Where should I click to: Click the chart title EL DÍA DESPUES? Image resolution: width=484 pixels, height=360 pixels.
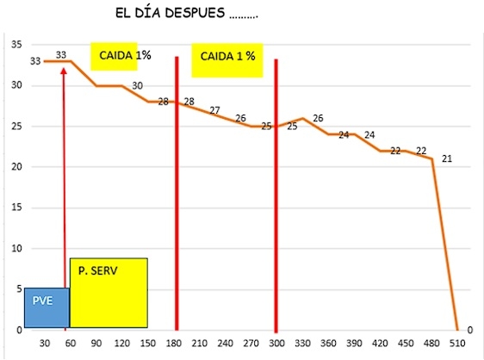click(186, 15)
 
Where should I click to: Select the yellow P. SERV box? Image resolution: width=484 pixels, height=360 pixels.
click(109, 293)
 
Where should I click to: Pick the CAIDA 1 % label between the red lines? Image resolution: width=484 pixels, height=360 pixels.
click(227, 57)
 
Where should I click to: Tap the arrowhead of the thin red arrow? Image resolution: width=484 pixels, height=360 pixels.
click(64, 66)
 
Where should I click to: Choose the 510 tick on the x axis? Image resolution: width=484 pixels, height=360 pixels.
click(457, 342)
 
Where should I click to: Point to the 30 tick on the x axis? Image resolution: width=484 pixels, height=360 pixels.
click(45, 342)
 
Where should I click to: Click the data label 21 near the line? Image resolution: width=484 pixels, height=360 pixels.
click(446, 158)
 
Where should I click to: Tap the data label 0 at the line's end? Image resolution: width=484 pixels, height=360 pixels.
click(469, 329)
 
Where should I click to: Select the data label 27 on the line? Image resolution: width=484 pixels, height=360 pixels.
click(214, 110)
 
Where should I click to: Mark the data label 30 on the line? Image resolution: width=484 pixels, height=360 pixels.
click(137, 86)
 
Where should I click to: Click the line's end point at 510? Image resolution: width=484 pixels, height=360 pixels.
click(456, 329)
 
